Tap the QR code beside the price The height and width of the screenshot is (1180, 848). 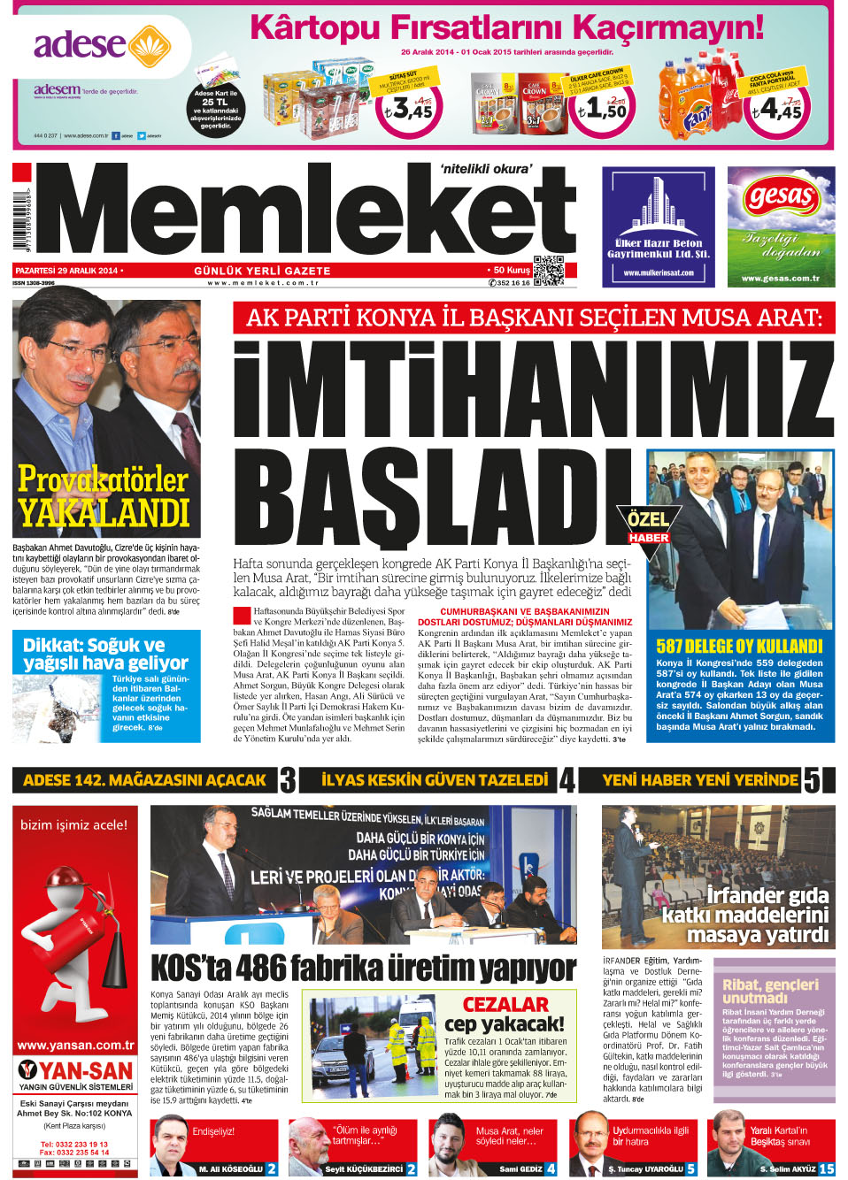click(548, 271)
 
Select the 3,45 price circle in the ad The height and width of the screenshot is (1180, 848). click(408, 109)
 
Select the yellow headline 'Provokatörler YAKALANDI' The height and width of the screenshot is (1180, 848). click(104, 496)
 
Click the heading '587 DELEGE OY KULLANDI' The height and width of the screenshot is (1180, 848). click(739, 646)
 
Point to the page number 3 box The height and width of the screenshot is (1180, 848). click(288, 780)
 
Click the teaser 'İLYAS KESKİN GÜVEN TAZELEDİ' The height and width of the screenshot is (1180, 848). click(435, 780)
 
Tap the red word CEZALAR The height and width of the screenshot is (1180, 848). click(505, 1004)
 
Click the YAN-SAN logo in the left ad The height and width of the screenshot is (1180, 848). click(75, 1071)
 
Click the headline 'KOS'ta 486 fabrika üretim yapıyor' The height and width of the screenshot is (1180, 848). click(363, 969)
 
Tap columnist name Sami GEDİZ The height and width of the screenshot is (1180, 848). click(520, 1169)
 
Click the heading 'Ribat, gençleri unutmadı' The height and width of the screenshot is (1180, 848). click(770, 991)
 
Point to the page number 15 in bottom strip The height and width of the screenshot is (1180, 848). click(826, 1169)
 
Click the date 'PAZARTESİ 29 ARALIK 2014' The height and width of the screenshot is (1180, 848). click(66, 271)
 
